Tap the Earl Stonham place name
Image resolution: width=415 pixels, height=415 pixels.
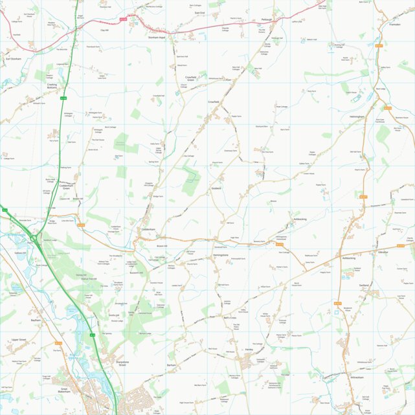tap(14, 58)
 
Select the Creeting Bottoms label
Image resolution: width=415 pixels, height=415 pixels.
tap(52, 86)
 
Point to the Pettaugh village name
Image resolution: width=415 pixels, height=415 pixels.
tap(267, 20)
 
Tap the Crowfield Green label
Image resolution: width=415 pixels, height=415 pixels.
tap(186, 78)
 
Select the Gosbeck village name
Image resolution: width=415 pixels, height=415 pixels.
tap(216, 188)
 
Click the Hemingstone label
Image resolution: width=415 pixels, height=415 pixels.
tap(220, 256)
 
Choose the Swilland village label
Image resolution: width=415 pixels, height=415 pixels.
tap(364, 285)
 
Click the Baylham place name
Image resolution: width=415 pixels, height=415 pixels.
tap(36, 320)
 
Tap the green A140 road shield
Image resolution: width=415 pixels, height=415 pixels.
tap(63, 98)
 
